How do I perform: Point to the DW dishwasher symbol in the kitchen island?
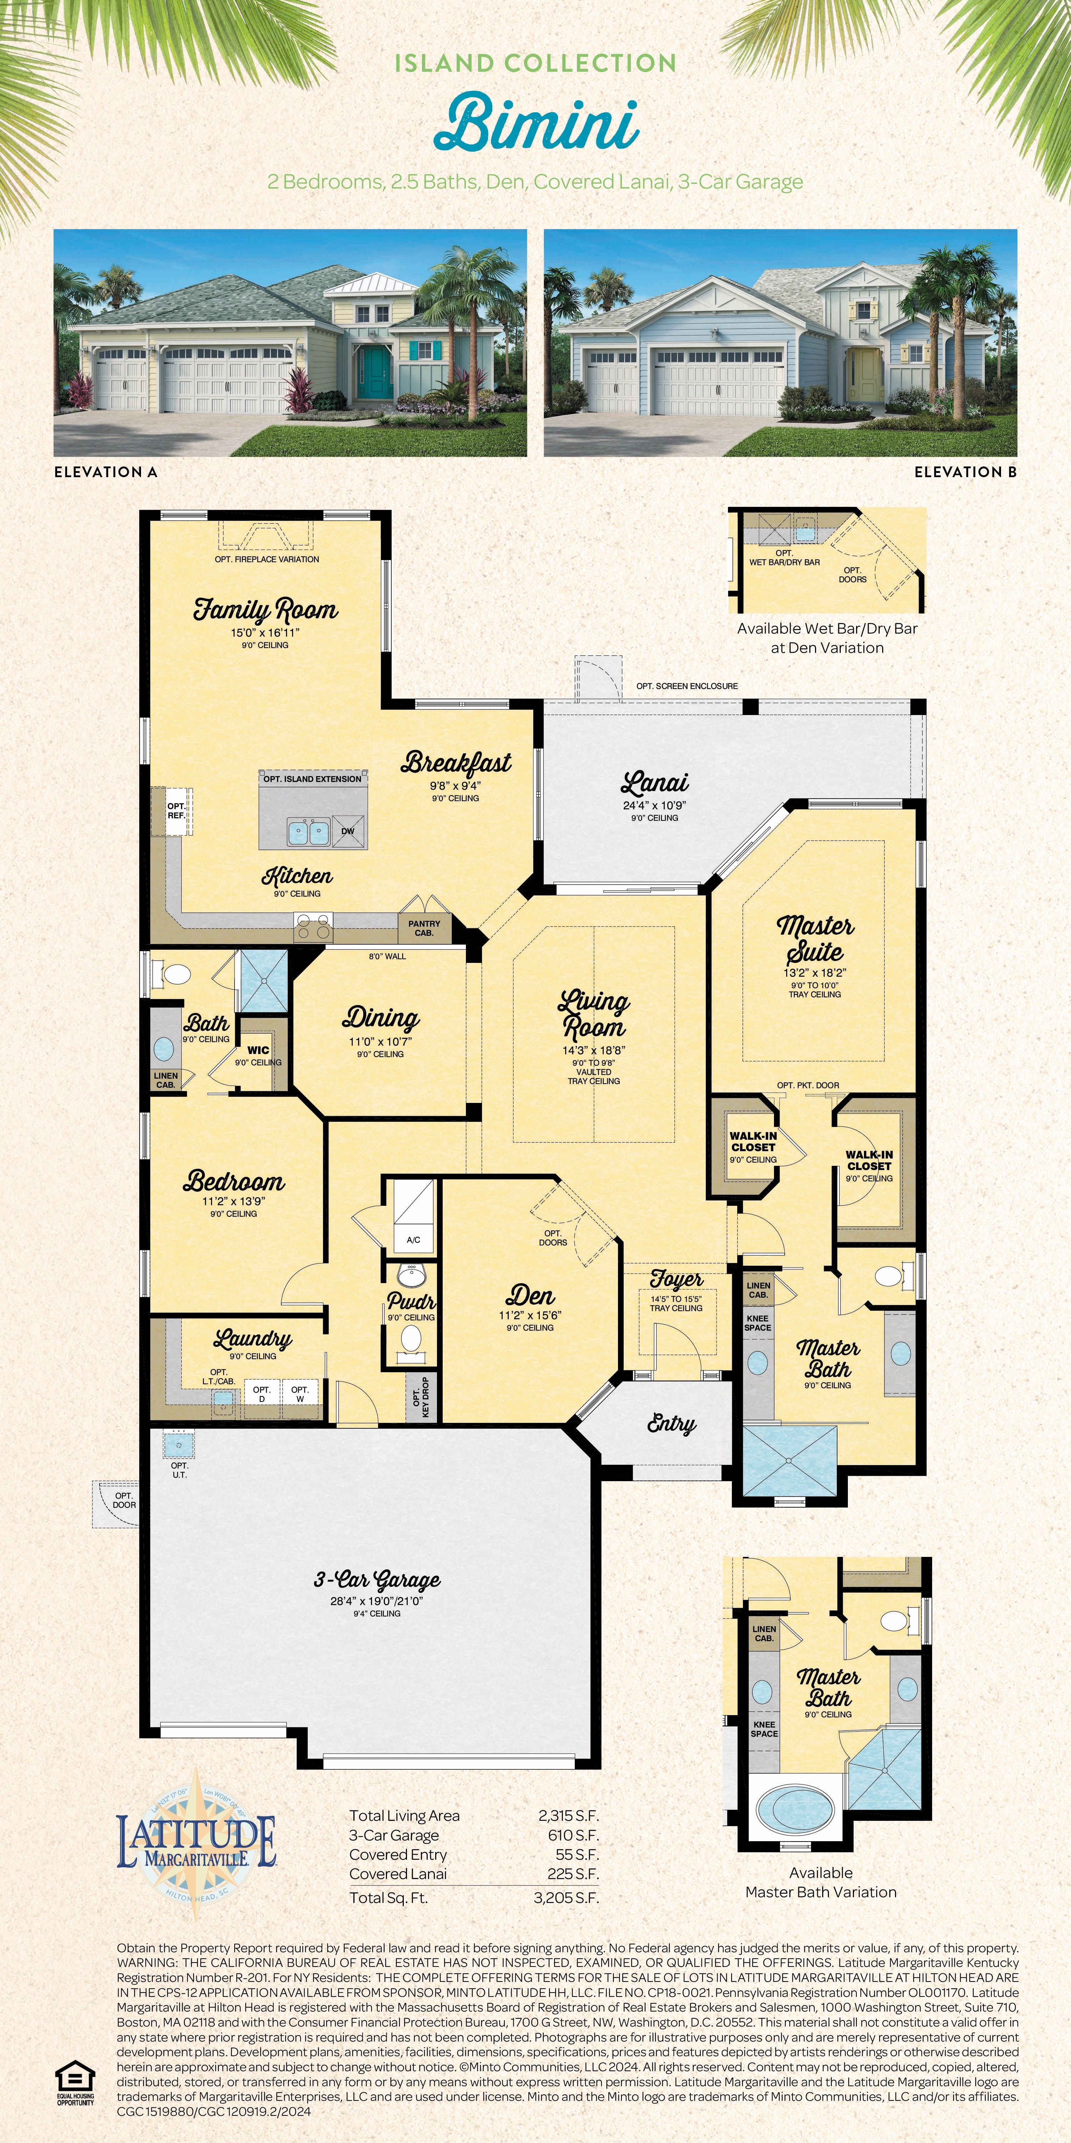pyautogui.click(x=348, y=830)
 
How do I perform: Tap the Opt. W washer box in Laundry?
pyautogui.click(x=300, y=1393)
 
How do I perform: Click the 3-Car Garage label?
pyautogui.click(x=377, y=1580)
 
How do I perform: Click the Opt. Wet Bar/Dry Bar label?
pyautogui.click(x=784, y=558)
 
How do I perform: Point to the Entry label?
pyautogui.click(x=671, y=1424)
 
